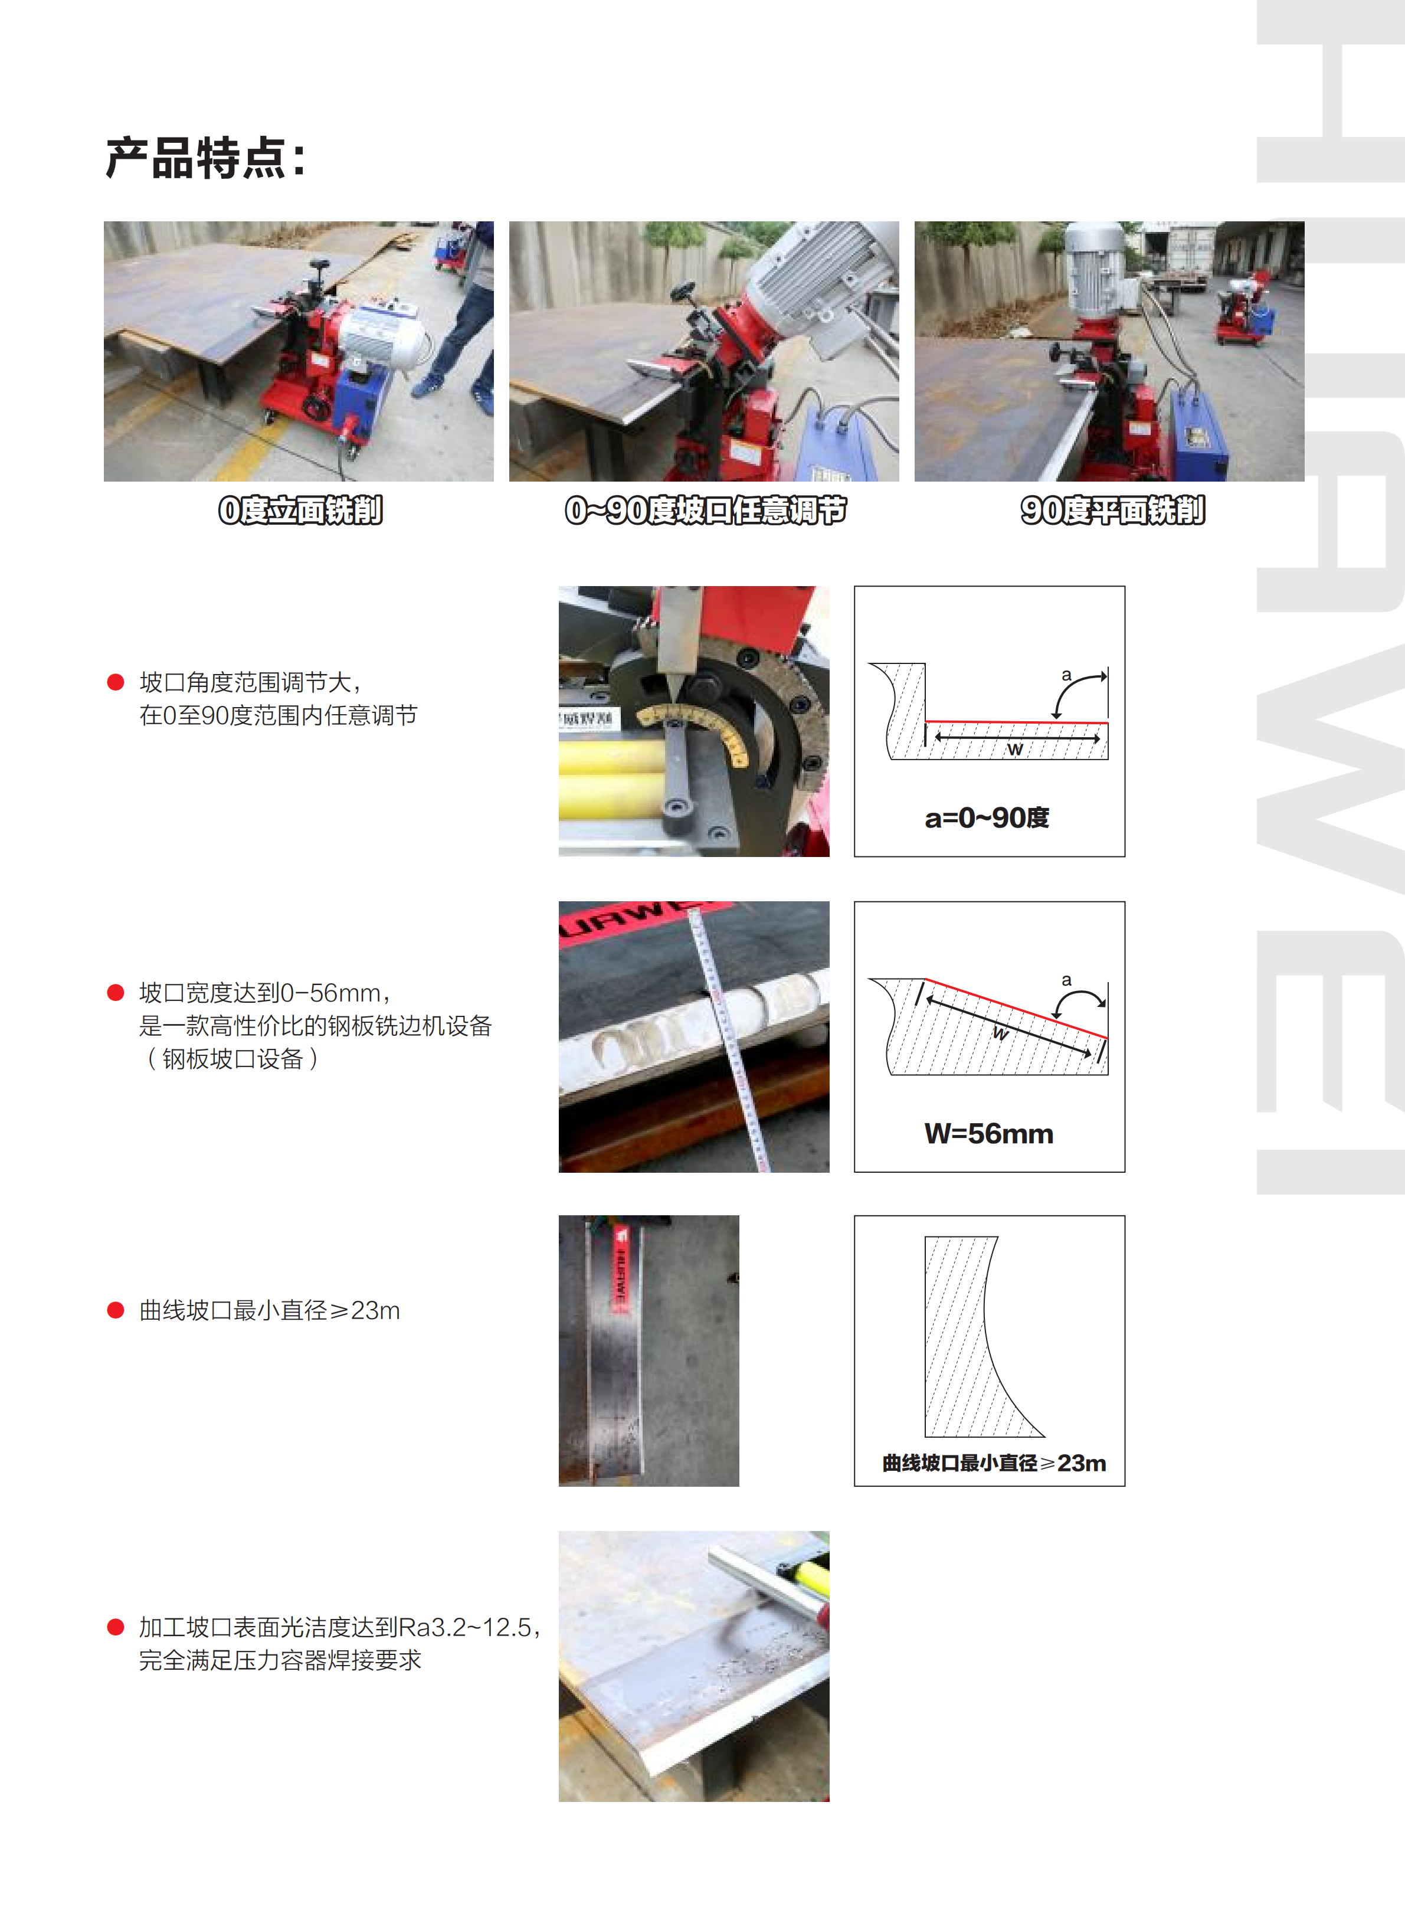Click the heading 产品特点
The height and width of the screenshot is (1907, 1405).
pyautogui.click(x=204, y=158)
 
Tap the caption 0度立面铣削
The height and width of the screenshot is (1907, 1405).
pyautogui.click(x=300, y=511)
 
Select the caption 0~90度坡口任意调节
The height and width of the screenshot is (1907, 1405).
pyautogui.click(x=705, y=511)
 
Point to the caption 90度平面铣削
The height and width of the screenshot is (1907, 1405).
pyautogui.click(x=1112, y=511)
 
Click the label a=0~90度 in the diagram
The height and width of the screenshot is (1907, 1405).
pyautogui.click(x=987, y=817)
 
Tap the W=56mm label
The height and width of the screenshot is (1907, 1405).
pyautogui.click(x=988, y=1133)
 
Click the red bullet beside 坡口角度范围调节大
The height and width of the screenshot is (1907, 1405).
pyautogui.click(x=116, y=682)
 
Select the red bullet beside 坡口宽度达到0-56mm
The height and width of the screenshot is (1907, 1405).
pyautogui.click(x=116, y=993)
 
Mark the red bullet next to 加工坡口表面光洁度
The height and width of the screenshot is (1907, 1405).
pyautogui.click(x=116, y=1627)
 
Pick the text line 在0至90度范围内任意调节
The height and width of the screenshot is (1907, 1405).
pyautogui.click(x=278, y=715)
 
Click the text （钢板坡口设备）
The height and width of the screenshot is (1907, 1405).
pyautogui.click(x=232, y=1059)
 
